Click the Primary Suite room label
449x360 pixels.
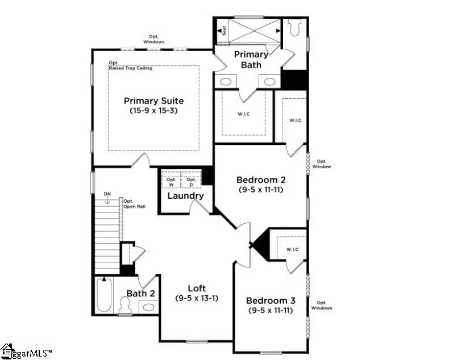tap(153, 101)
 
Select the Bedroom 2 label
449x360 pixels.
tap(261, 180)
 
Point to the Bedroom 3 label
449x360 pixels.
tap(270, 300)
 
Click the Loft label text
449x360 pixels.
tap(197, 288)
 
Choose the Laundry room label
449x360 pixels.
tap(185, 196)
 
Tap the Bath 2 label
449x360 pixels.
tap(140, 294)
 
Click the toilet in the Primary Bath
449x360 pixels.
tap(294, 27)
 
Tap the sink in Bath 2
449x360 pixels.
tap(148, 307)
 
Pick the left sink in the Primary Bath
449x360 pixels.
tap(226, 82)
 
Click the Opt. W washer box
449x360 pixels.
tap(171, 182)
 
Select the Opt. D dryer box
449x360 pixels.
tap(191, 182)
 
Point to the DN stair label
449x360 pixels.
tap(107, 195)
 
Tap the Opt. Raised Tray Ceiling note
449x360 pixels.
tap(130, 65)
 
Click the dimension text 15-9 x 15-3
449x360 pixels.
tap(153, 111)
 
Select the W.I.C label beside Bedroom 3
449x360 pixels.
tap(292, 249)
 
